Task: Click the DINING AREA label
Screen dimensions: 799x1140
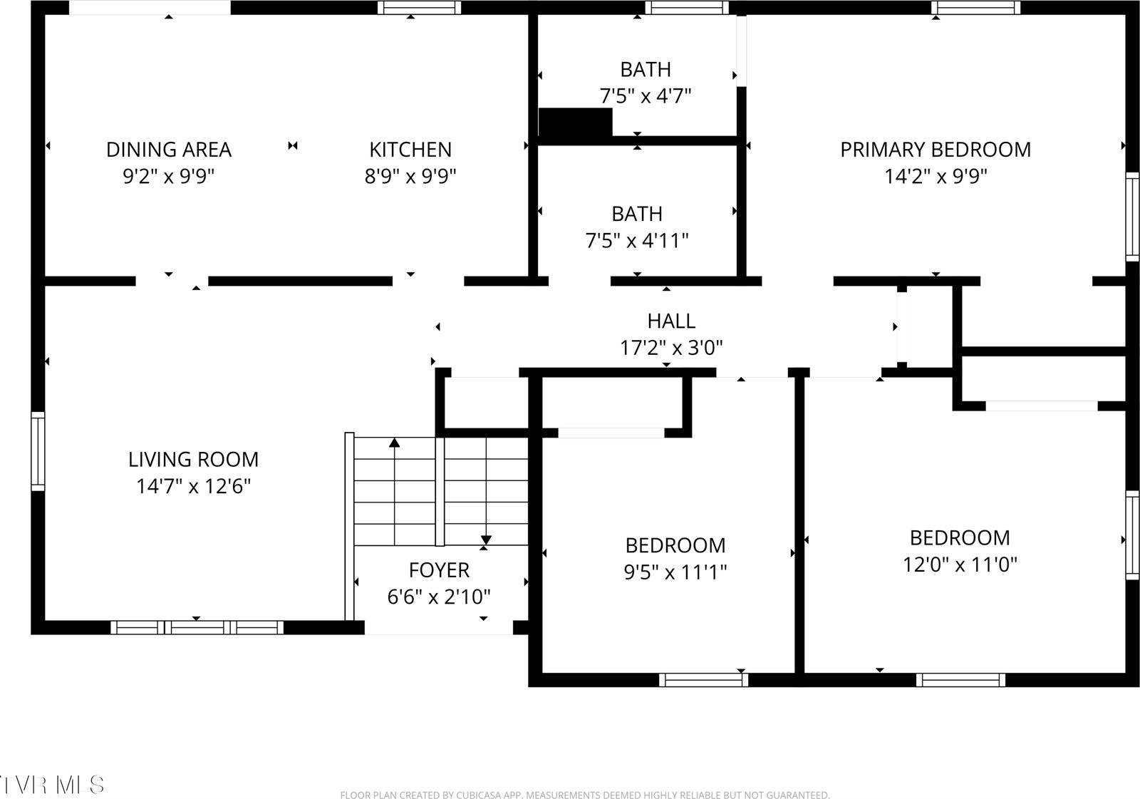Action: (x=169, y=150)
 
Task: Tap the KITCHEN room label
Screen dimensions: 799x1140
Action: (x=410, y=150)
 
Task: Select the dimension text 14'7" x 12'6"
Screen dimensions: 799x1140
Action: (x=193, y=487)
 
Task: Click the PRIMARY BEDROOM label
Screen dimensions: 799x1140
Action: (x=936, y=150)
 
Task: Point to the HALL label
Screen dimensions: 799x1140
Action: (x=671, y=321)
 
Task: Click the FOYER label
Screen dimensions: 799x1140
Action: (x=439, y=570)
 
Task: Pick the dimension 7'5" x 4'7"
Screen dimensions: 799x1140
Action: (x=646, y=96)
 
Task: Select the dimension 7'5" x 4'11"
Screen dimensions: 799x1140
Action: (x=637, y=240)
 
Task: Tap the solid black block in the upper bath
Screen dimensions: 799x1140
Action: (x=575, y=123)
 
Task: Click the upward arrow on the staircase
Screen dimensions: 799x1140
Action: (x=394, y=443)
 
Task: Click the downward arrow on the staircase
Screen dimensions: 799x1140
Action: (x=486, y=539)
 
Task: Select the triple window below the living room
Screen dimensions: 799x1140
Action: (x=197, y=628)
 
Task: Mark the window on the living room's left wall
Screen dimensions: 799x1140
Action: (x=38, y=451)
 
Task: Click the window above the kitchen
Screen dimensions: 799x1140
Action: (x=419, y=8)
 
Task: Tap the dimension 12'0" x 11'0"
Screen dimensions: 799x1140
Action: (x=960, y=565)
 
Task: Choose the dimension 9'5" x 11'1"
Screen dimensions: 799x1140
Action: (x=675, y=572)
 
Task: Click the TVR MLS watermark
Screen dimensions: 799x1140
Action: (x=51, y=785)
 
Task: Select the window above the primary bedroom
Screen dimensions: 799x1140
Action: (x=975, y=8)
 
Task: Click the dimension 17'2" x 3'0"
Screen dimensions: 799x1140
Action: (x=671, y=348)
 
